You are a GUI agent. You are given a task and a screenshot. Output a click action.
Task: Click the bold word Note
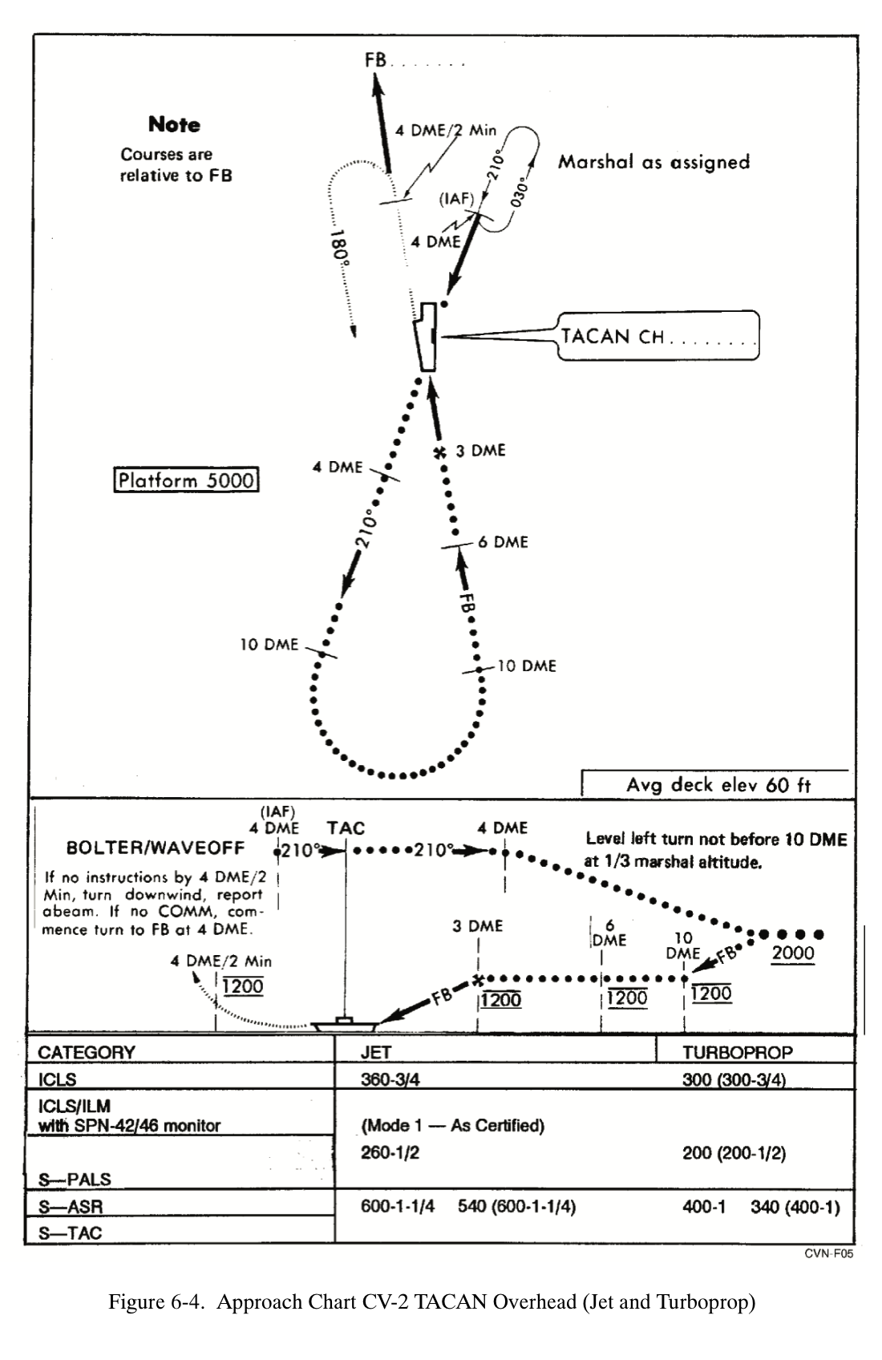(174, 124)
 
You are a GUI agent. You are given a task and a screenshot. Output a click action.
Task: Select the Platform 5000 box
(186, 480)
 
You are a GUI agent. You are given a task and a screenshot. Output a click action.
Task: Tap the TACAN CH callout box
(658, 336)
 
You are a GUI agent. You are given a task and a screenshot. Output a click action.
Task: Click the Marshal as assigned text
(653, 162)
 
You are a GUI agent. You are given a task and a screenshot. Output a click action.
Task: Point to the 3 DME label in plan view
(480, 451)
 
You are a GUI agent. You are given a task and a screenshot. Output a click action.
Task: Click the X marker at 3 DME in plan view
(439, 452)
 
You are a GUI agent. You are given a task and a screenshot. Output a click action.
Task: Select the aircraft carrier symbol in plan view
(426, 337)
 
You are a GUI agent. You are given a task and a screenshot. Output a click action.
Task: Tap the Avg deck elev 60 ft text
(718, 784)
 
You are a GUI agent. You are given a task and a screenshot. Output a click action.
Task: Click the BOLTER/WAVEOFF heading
(156, 848)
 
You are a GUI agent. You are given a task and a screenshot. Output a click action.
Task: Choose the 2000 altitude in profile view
(792, 953)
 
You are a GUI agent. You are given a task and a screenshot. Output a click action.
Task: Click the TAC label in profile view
(346, 828)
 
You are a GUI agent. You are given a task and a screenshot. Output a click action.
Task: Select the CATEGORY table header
(87, 1052)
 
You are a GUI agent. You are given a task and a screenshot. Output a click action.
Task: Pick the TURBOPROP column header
(737, 1052)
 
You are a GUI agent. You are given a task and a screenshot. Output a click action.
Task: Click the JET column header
(375, 1052)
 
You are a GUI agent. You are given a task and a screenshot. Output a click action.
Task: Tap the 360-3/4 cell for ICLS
(390, 1079)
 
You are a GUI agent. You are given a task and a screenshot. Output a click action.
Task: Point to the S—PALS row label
(75, 1180)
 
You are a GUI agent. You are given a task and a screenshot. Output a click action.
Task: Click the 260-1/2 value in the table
(390, 1153)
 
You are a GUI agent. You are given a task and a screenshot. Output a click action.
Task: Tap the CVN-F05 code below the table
(828, 1254)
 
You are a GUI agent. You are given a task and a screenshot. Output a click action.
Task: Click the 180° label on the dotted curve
(341, 249)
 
